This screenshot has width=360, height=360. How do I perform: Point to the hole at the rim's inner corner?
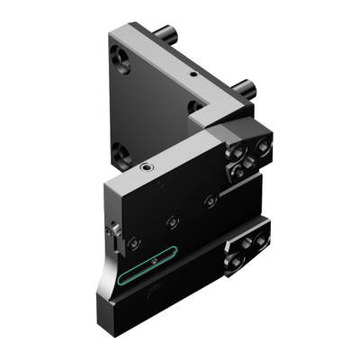tap(194, 106)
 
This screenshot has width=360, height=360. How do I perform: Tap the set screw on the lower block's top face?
tap(146, 166)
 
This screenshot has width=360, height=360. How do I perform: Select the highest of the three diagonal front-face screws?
tap(209, 200)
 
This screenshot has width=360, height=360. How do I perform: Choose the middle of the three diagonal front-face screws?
tap(171, 220)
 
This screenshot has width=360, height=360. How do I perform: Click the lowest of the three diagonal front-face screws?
tap(133, 241)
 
